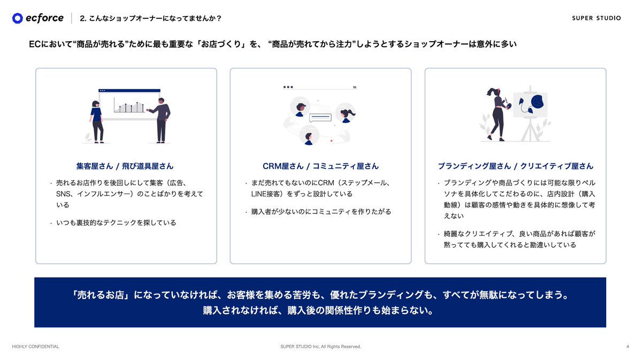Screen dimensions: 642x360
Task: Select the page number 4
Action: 627,347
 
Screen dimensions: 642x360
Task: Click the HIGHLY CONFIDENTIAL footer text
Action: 36,347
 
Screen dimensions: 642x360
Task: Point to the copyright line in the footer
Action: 320,347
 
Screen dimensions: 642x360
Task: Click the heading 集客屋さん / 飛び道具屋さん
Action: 125,166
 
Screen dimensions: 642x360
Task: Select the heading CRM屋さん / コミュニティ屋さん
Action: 320,166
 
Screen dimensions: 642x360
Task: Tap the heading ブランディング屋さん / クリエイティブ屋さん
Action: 515,166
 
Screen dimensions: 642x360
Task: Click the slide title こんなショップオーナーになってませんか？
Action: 150,18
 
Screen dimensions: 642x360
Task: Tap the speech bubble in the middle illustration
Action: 320,117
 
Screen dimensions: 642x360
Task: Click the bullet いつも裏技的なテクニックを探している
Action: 116,223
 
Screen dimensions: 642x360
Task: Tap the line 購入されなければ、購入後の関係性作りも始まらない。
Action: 320,310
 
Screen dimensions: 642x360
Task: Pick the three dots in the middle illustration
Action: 288,87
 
